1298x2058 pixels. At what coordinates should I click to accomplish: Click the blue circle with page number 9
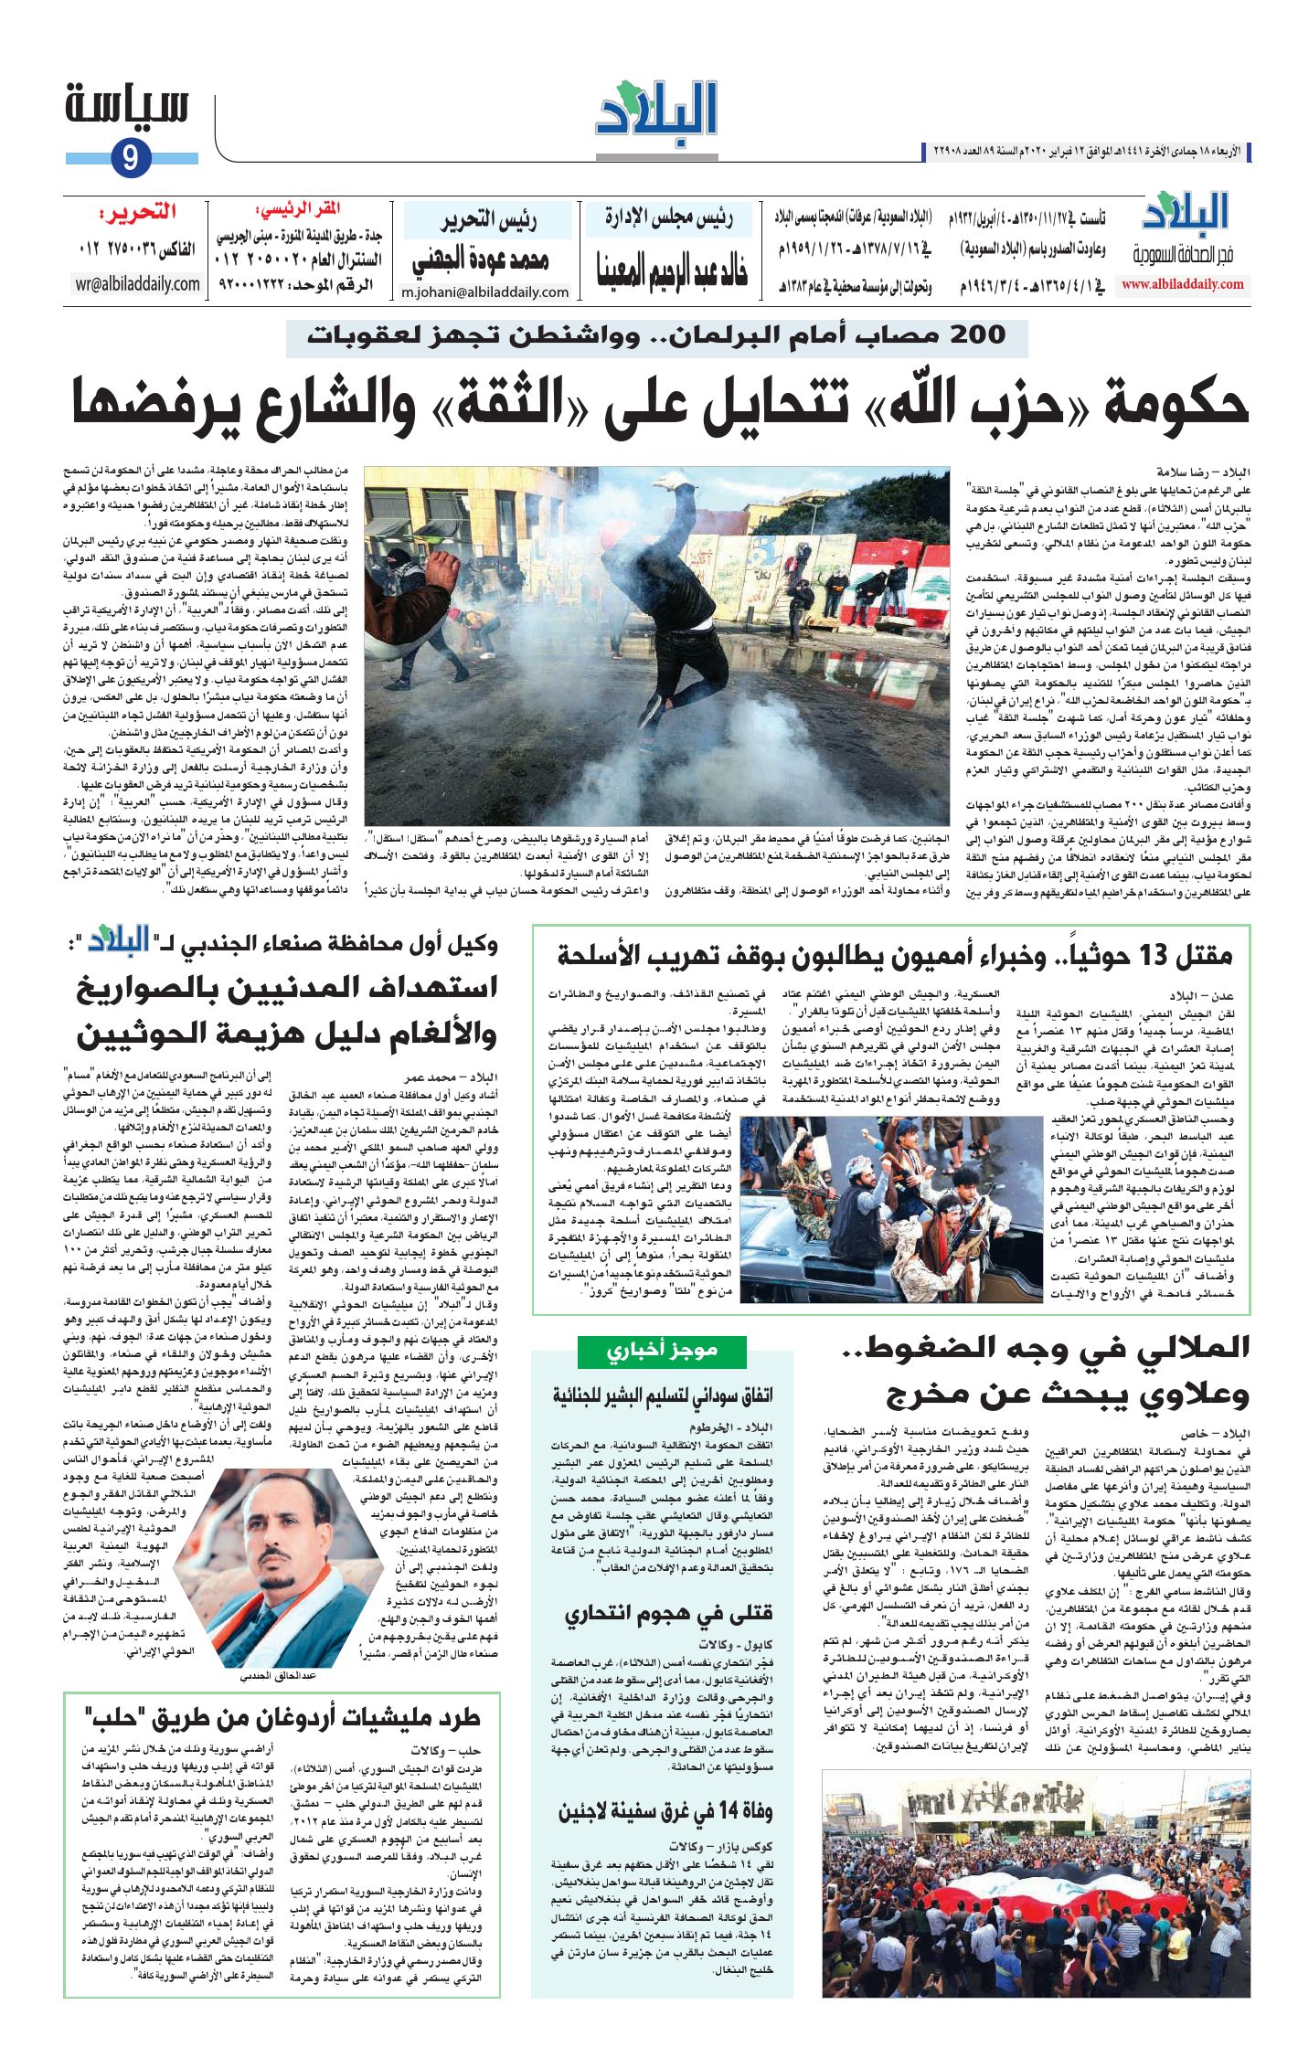130,158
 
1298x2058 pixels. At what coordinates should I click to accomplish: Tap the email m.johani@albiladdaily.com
484,292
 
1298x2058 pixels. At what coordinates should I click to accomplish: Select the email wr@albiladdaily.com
138,284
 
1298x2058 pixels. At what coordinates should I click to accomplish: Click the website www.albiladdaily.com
1182,284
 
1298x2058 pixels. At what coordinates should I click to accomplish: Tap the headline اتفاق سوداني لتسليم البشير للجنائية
662,1395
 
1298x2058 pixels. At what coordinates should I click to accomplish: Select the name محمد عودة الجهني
480,260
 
